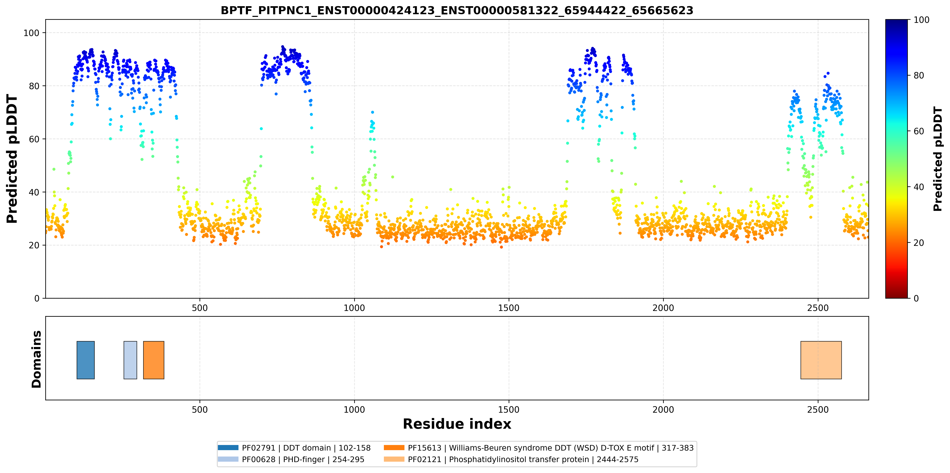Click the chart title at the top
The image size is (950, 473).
pyautogui.click(x=457, y=10)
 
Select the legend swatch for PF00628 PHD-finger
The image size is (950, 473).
pyautogui.click(x=228, y=459)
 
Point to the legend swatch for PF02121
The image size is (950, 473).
pyautogui.click(x=394, y=459)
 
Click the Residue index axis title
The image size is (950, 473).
pyautogui.click(x=457, y=424)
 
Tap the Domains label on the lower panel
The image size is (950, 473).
pyautogui.click(x=36, y=359)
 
